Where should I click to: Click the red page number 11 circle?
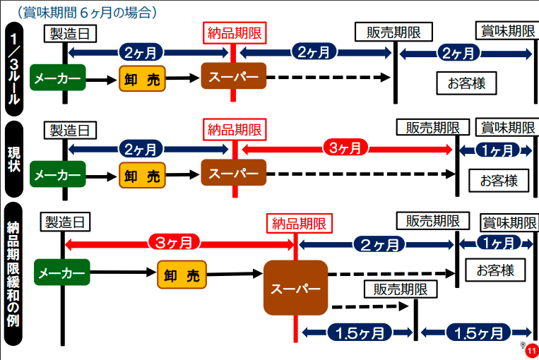pos(531,349)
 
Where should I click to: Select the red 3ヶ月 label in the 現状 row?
pos(345,148)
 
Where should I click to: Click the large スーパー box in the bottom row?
pos(295,288)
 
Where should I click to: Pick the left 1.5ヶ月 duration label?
pos(359,332)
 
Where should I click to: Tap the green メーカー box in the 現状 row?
pos(57,174)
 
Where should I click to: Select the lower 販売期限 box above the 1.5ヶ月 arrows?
pos(401,289)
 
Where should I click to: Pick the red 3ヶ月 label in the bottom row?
pos(174,243)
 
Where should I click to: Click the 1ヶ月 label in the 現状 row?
pos(495,150)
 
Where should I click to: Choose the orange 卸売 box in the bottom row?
pos(182,275)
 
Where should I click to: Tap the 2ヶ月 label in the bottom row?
pos(379,244)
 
